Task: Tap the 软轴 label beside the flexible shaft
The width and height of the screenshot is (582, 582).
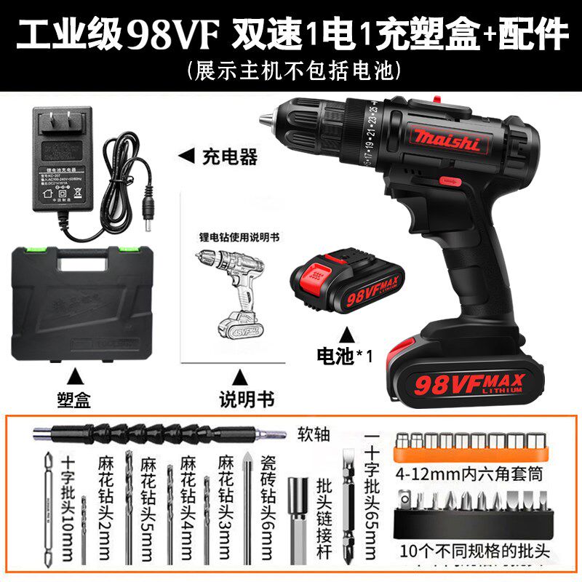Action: tap(314, 435)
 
